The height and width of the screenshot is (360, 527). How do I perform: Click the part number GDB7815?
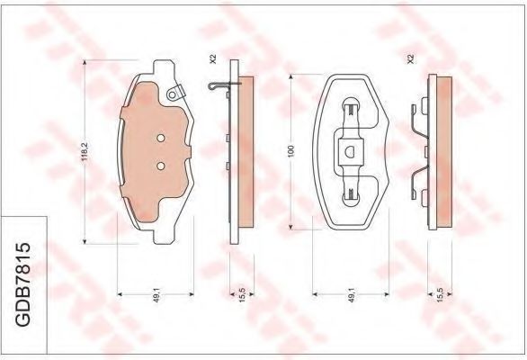23,284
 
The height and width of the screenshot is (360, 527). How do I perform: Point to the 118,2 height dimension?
85,151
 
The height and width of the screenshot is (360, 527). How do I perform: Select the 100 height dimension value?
291,150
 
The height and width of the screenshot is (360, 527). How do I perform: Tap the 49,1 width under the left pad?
156,295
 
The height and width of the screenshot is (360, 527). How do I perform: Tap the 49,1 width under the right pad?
352,295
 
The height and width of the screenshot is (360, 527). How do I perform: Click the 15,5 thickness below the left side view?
243,295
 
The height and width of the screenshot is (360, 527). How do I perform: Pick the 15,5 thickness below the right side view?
441,295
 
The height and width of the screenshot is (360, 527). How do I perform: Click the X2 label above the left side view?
212,58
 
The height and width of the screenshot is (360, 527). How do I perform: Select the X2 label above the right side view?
410,58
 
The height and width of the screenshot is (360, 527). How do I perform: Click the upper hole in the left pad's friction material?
161,138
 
